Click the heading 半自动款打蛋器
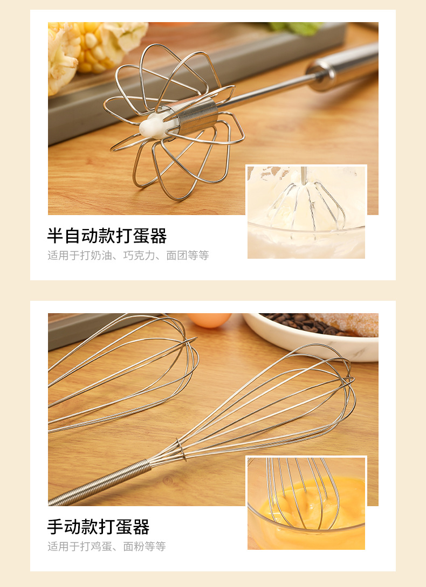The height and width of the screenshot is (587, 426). (x=107, y=236)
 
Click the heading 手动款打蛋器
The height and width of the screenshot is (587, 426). (x=98, y=527)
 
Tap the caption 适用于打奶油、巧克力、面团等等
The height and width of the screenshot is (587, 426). (x=128, y=255)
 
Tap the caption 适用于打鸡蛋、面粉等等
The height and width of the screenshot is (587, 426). (x=106, y=547)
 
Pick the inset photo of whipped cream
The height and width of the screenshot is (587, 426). (x=306, y=212)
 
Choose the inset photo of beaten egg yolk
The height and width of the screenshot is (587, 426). (x=306, y=503)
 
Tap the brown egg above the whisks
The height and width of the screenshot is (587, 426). (x=209, y=320)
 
